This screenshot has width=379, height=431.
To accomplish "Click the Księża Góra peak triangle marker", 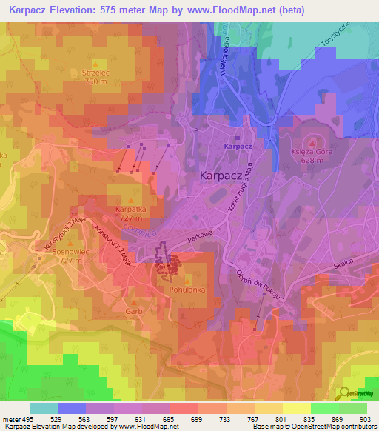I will pos(311,142).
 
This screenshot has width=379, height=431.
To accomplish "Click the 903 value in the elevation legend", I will pos(364,419).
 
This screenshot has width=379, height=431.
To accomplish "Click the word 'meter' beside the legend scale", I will pos(11,419).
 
